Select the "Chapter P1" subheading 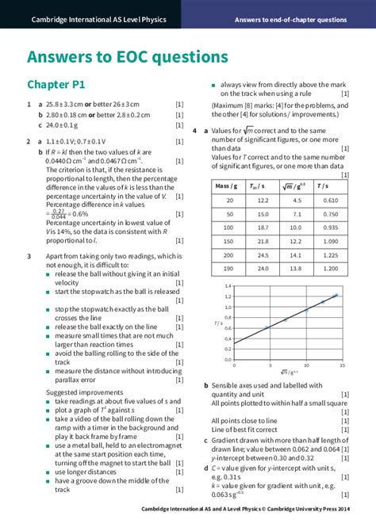click(x=56, y=84)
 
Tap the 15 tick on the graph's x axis click(x=342, y=365)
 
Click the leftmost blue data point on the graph click(x=266, y=327)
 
